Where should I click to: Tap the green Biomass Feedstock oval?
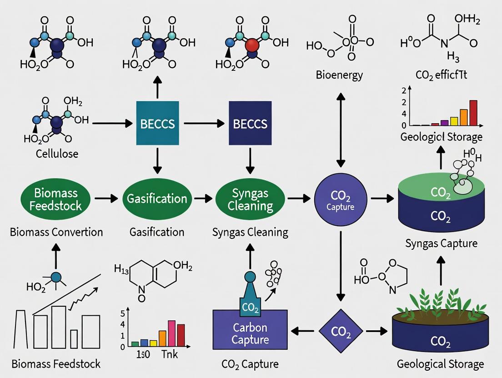[x=55, y=199]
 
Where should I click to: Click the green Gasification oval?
[x=157, y=199]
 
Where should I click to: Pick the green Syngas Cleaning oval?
[x=250, y=199]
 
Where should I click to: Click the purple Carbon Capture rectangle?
[x=250, y=333]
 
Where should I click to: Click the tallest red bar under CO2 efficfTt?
[x=473, y=112]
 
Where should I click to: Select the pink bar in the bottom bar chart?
[x=171, y=333]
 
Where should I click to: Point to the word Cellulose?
[x=57, y=154]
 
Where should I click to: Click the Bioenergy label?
[x=340, y=75]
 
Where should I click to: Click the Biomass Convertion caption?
[x=56, y=232]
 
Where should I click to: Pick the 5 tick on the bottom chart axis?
[x=122, y=313]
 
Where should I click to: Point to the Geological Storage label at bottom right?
[x=440, y=363]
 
